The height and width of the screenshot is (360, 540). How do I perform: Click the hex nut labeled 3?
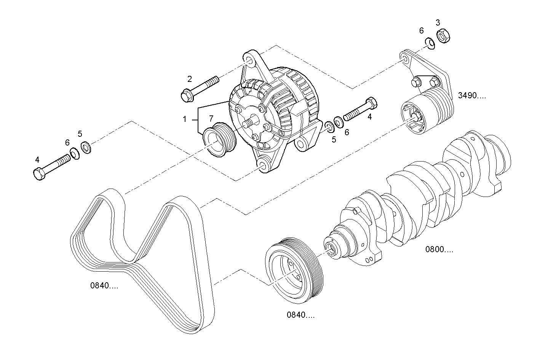coord(443,36)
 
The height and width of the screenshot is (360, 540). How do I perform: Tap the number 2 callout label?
coord(189,79)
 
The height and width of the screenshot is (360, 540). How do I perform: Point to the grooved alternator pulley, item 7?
coord(220,139)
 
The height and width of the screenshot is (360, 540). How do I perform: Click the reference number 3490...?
coord(472,96)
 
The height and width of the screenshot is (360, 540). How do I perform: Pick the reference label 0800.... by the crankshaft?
coord(439,250)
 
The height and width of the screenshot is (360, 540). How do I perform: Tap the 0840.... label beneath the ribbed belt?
coord(104,286)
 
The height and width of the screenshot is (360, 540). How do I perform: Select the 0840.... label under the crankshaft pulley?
coord(301,315)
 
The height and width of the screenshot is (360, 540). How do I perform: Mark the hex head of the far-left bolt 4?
coord(39,174)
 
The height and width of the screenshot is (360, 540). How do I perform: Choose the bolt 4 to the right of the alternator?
coord(360,109)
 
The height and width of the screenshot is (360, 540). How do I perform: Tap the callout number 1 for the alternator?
coord(185,119)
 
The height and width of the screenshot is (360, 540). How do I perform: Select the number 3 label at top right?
coord(438,22)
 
